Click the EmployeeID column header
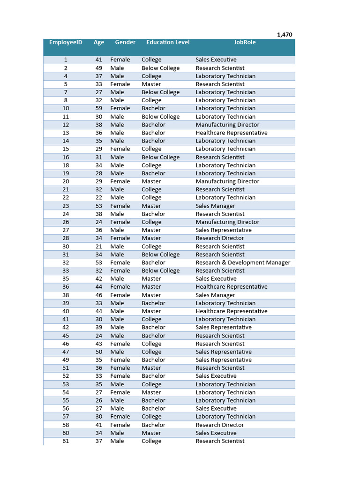(x=66, y=42)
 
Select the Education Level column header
(x=168, y=42)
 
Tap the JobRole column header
(x=245, y=42)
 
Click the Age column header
(x=99, y=42)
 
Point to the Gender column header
(x=125, y=42)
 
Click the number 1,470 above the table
(x=285, y=35)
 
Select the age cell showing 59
(x=99, y=108)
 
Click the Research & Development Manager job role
(x=243, y=262)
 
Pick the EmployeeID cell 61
(x=66, y=441)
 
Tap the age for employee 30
(x=99, y=247)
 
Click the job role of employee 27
(x=224, y=230)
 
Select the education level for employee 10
(x=153, y=108)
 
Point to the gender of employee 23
(x=120, y=206)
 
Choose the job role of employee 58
(x=220, y=425)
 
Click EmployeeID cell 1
(x=66, y=60)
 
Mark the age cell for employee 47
(x=99, y=352)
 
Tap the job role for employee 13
(x=232, y=133)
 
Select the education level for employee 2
(x=160, y=68)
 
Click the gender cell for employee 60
(x=117, y=433)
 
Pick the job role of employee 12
(x=227, y=125)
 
